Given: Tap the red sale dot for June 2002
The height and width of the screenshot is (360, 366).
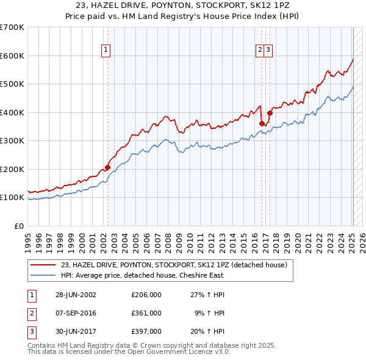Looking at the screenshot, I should (107, 167).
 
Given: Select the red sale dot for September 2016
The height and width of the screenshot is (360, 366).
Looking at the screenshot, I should (262, 123).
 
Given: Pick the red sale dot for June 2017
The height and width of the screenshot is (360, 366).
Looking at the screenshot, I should (270, 113).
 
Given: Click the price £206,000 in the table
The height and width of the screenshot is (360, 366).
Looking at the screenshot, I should (146, 295).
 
